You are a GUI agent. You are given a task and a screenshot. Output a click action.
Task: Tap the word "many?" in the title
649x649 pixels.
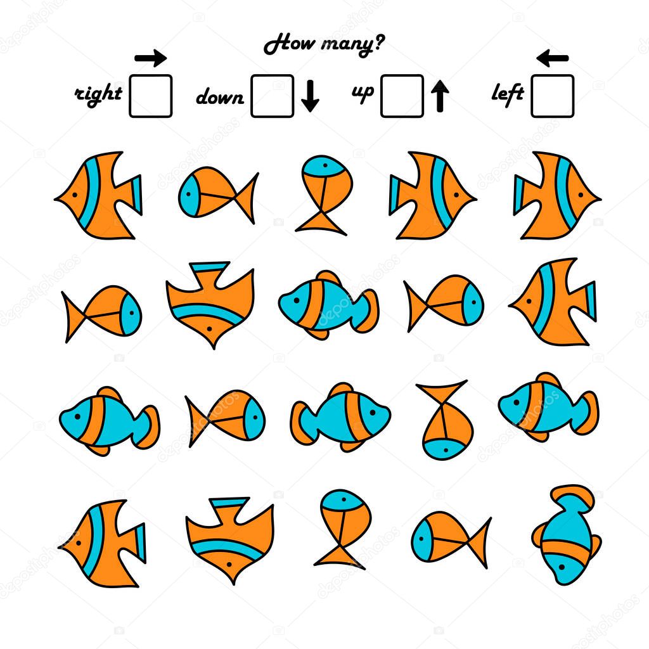[350, 46]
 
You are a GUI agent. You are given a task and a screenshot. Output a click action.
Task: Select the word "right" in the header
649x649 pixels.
[99, 94]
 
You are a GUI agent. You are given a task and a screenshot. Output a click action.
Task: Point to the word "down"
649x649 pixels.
[220, 98]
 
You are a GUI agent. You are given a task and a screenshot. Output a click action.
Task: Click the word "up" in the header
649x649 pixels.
[363, 93]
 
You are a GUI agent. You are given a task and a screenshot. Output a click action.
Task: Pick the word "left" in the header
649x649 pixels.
[508, 94]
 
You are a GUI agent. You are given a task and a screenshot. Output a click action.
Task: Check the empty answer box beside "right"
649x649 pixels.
[150, 96]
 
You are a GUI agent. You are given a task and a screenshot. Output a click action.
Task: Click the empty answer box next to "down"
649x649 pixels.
[272, 96]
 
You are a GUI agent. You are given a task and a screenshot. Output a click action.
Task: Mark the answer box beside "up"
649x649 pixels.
[402, 96]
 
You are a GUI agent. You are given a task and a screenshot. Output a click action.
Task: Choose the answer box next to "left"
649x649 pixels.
[552, 96]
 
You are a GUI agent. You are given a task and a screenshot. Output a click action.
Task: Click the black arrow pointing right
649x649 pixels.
[151, 59]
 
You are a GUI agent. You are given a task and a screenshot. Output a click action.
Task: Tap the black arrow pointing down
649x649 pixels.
[310, 97]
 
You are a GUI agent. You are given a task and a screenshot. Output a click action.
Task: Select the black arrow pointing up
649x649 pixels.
[440, 96]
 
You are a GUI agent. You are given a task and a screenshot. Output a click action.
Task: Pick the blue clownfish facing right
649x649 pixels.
[341, 416]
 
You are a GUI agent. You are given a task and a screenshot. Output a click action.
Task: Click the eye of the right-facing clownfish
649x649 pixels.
[373, 413]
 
